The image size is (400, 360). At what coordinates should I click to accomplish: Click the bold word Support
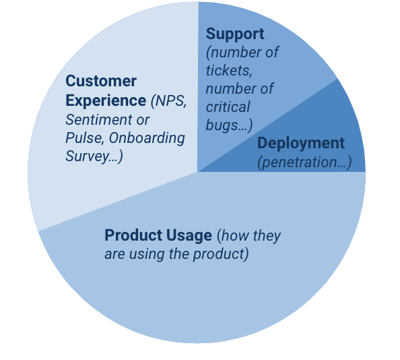coord(235,34)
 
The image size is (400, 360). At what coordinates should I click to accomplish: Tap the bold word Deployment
coord(301,144)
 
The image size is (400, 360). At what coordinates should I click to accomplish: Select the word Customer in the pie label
coord(101,81)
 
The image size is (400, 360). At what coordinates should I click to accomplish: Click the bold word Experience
coord(106,101)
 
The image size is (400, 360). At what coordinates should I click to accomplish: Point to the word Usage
coord(189,236)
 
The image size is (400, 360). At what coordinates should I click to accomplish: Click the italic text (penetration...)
coord(304,162)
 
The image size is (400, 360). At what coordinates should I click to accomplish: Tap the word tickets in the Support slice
coord(229,70)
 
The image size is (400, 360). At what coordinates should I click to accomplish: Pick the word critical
coord(228,107)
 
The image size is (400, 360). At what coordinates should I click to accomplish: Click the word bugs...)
coord(229,125)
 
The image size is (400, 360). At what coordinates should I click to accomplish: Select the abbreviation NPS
coord(168,101)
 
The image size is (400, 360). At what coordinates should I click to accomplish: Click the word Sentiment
coord(99,119)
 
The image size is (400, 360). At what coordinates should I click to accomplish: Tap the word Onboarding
coord(147,138)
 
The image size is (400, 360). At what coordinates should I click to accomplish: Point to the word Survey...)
coord(94,156)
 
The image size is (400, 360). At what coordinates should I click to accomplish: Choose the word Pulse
coord(85,138)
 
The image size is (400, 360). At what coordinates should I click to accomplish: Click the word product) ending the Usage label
coord(221,254)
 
